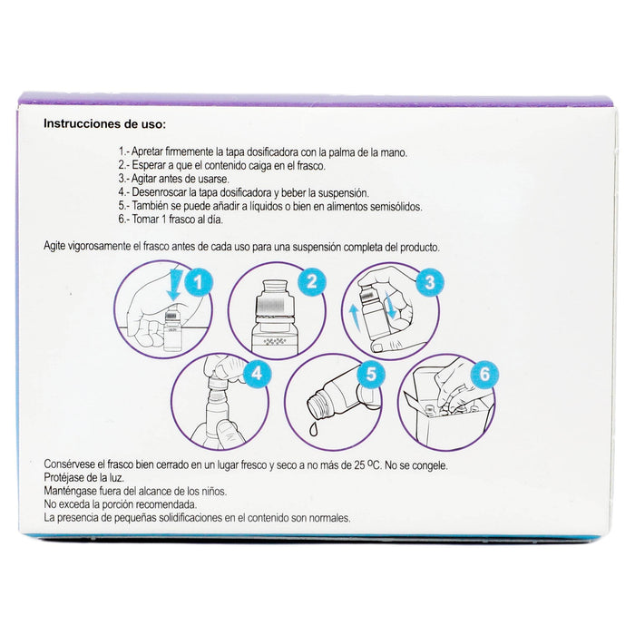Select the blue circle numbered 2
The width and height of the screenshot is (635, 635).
[311, 281]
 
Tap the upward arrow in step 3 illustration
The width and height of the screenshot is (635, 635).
[353, 318]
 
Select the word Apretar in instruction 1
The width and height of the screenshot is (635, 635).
[152, 154]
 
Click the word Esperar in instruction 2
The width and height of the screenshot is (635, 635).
[153, 167]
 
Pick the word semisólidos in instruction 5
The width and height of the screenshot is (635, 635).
[389, 206]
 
